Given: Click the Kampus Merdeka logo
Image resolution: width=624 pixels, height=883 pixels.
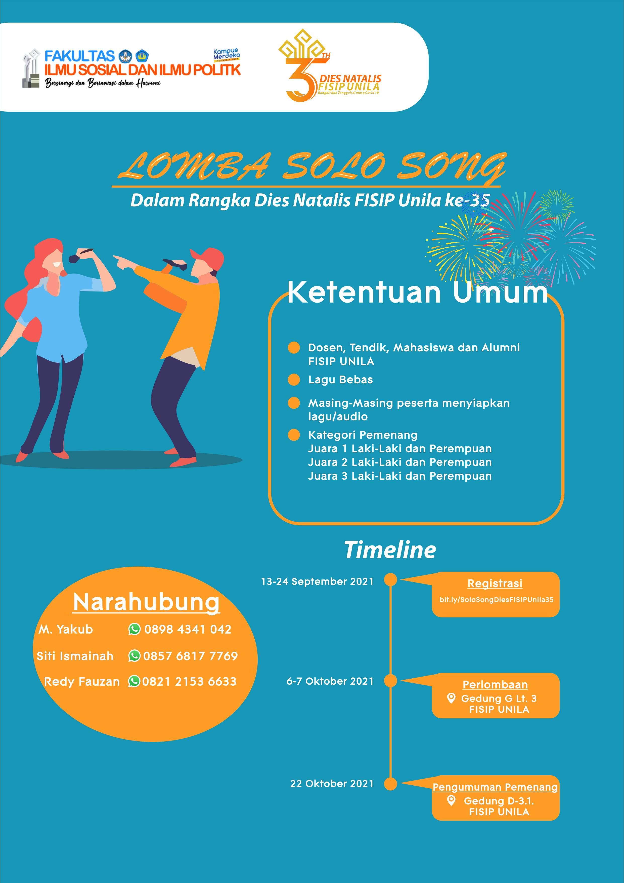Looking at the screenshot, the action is (227, 55).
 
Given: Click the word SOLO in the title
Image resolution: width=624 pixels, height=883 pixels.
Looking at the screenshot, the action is (334, 166).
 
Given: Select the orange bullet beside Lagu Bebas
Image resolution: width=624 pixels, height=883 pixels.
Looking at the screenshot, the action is (294, 380).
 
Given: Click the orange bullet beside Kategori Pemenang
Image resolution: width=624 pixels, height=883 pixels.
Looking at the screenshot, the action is (294, 435).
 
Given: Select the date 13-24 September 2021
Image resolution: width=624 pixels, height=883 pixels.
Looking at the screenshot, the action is (317, 581).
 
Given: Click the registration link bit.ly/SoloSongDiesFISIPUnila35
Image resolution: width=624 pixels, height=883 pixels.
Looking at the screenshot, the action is (497, 600).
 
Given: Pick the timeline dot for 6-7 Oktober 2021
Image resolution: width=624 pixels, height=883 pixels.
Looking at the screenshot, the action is (390, 680).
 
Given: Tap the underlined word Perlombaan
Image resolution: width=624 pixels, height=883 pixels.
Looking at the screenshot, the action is (495, 685).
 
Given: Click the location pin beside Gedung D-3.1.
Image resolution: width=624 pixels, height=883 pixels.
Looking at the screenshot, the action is (452, 800).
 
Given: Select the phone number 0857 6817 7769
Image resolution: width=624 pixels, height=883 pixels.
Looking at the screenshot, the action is (191, 656).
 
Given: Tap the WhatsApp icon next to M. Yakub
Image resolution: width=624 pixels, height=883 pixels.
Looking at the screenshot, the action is (134, 629).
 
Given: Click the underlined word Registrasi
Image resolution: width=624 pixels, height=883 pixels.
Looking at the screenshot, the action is (495, 583).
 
